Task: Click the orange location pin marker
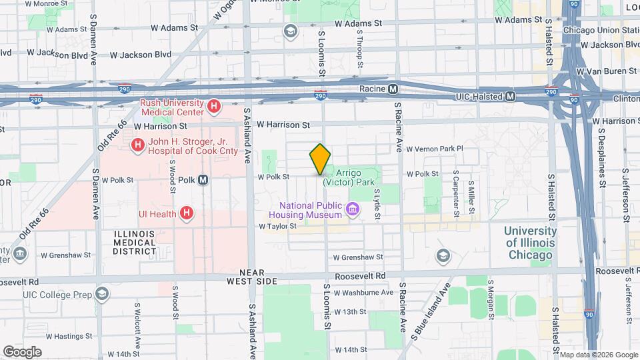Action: (320, 159)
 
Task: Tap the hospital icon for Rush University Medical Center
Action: (214, 106)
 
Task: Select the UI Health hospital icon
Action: (187, 213)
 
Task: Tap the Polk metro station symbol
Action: (203, 179)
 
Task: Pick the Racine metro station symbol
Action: (393, 89)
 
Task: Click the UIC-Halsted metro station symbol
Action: (510, 97)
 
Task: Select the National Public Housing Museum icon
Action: (353, 211)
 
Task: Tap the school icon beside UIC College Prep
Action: (102, 293)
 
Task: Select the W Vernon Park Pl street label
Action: (434, 149)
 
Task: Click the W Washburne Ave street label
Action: (363, 292)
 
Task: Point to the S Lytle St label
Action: (376, 199)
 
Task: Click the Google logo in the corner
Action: (22, 351)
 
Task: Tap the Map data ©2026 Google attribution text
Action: (598, 354)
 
